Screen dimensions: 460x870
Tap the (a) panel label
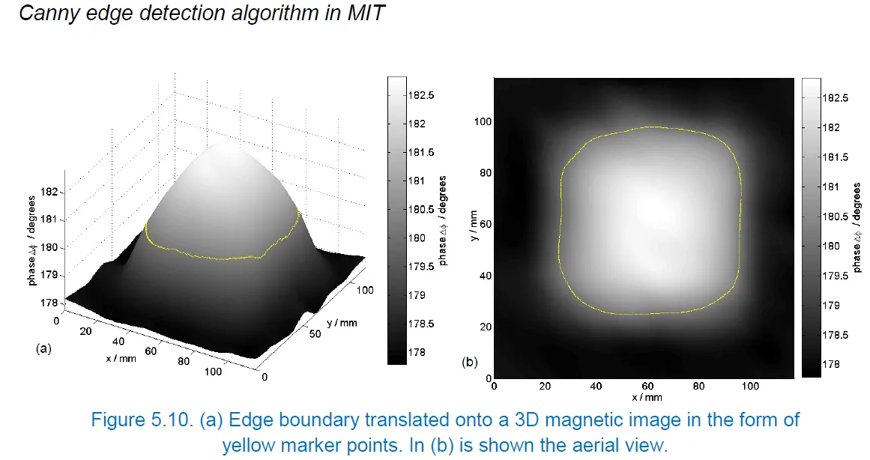[43, 348]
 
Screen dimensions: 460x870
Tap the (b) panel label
[470, 363]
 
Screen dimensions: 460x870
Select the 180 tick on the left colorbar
[417, 238]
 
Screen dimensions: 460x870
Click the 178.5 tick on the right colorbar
[836, 336]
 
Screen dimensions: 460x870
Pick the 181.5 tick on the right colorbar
[836, 157]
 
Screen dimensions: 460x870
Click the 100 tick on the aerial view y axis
[483, 121]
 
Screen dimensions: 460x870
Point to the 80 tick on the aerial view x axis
[698, 387]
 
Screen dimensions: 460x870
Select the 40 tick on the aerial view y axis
[485, 276]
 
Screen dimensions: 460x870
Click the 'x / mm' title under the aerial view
[646, 397]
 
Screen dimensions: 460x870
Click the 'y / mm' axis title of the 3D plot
[342, 323]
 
